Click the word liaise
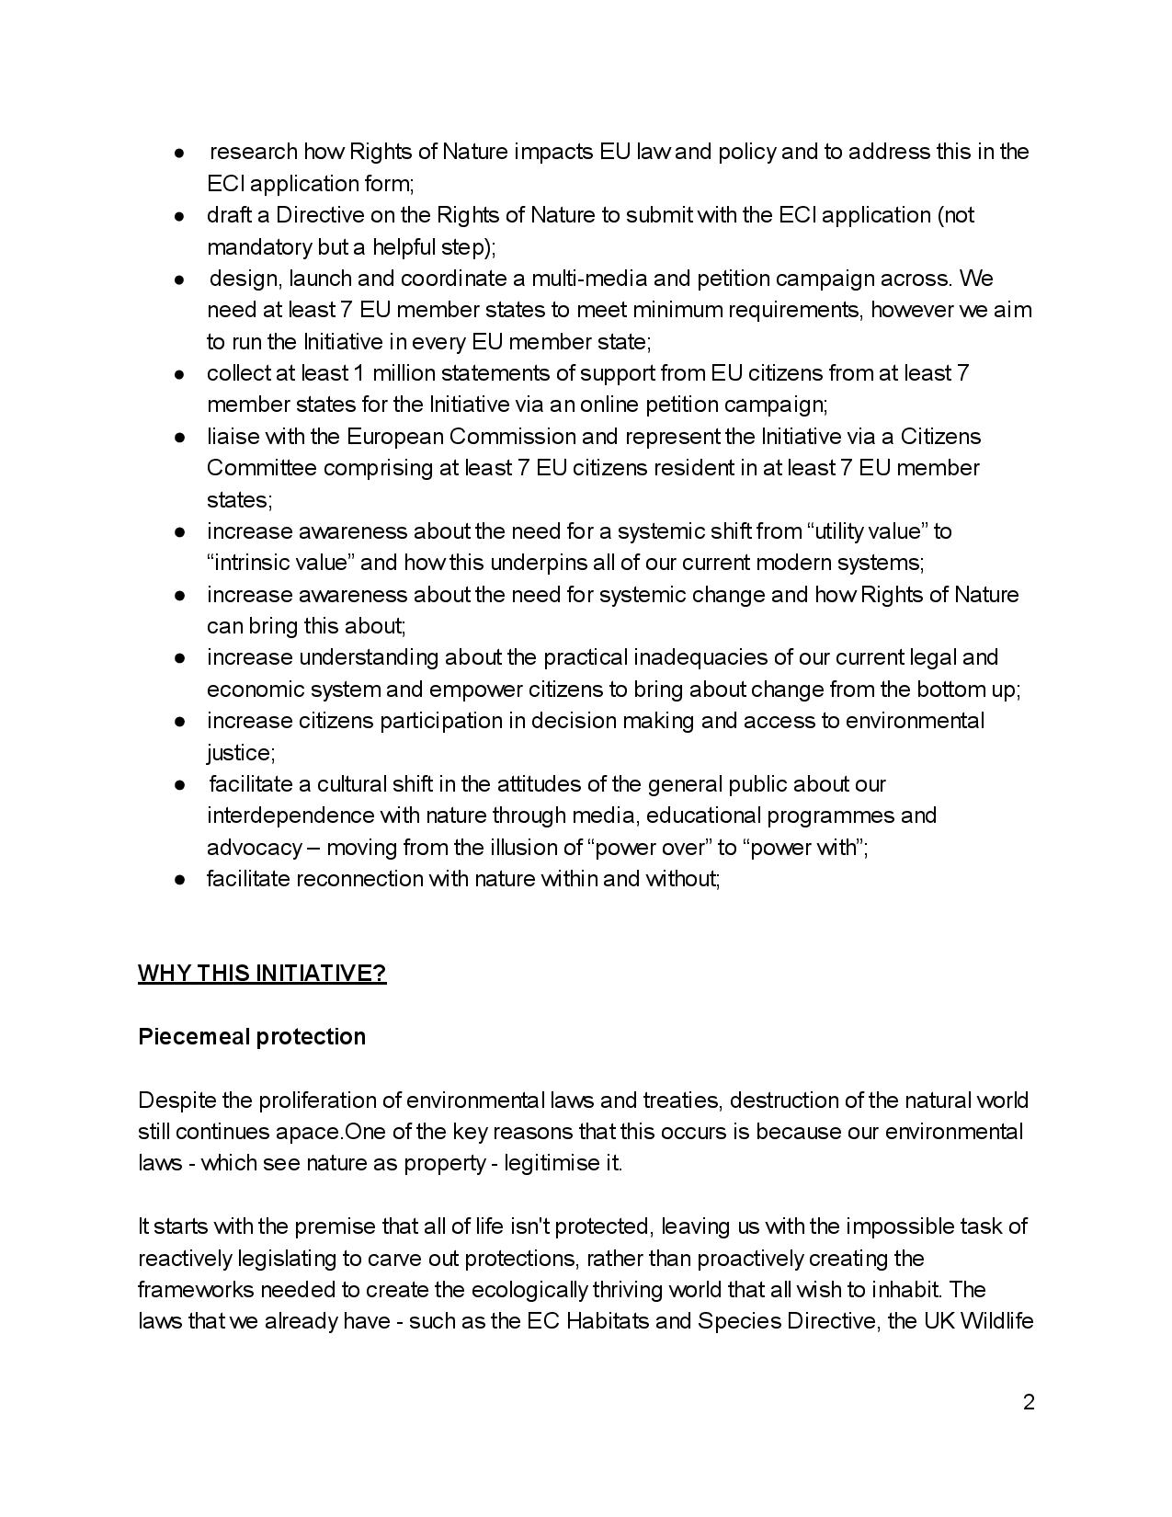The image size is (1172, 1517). tap(231, 437)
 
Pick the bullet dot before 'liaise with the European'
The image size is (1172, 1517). tap(182, 437)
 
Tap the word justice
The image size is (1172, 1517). tap(239, 753)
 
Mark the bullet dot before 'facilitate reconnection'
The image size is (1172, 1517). tap(182, 880)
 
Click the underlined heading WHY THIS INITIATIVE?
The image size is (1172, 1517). tap(262, 974)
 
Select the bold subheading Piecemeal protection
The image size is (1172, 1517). tap(252, 1037)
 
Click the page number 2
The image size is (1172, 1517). tap(1029, 1402)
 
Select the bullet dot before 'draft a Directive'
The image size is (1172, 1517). tap(182, 215)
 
